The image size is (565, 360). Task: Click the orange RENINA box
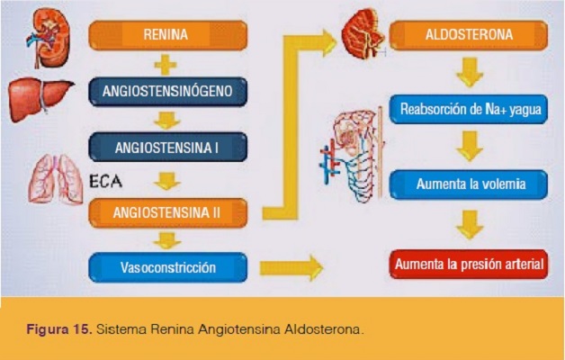pos(168,35)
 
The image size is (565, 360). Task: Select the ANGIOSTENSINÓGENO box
pos(168,91)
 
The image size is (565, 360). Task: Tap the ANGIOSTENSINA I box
pos(168,147)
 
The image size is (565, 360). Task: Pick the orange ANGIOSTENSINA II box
pos(168,212)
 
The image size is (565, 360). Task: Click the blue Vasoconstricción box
pos(168,267)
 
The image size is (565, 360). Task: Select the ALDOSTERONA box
pos(469,35)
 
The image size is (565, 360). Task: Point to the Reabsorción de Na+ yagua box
pos(469,109)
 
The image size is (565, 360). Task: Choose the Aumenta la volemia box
pos(469,184)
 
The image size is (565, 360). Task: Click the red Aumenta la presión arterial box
pos(469,264)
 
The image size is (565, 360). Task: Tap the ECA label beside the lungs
pos(105,181)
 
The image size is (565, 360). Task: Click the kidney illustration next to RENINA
pos(49,38)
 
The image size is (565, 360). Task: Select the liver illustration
pos(40,99)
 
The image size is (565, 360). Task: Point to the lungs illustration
pos(56,179)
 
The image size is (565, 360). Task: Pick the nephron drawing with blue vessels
pos(353,155)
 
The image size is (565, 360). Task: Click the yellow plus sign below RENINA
pos(166,65)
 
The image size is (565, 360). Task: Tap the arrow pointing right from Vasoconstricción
pos(291,268)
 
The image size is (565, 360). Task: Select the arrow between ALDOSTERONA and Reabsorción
pos(470,72)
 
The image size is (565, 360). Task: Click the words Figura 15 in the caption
pos(59,329)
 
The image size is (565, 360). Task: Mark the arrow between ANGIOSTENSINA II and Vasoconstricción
pos(166,240)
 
